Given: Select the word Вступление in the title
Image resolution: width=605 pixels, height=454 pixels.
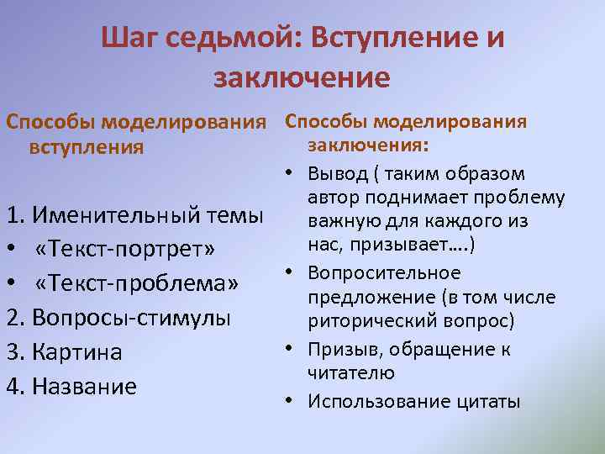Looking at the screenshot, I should pos(395,39).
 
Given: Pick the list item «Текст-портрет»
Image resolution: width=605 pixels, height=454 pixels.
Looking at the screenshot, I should pos(125,251).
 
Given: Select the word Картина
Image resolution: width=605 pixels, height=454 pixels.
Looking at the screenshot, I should pos(76,353).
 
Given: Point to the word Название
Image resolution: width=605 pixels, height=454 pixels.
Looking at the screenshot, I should pos(83,387).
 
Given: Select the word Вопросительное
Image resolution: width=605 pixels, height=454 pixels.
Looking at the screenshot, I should pos(384,273).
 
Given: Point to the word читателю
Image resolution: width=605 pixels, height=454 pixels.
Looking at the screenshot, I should pos(351,372).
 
